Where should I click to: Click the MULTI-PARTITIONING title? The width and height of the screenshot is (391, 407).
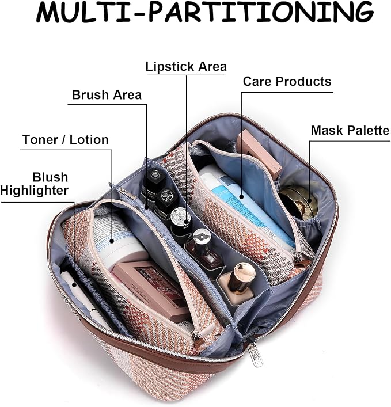(x=205, y=12)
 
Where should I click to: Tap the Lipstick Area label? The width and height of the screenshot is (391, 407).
(x=186, y=67)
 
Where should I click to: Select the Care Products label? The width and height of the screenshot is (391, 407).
(x=287, y=82)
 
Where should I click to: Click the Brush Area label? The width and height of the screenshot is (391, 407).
(x=107, y=95)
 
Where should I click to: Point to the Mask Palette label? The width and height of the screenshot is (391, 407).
(x=350, y=130)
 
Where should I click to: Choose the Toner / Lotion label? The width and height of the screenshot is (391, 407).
(x=66, y=140)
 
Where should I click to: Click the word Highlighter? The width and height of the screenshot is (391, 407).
(x=35, y=191)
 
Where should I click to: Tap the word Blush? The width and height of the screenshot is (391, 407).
(x=50, y=177)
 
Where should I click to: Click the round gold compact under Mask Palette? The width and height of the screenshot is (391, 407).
(x=298, y=203)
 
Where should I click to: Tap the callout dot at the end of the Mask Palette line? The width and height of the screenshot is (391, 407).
(x=309, y=200)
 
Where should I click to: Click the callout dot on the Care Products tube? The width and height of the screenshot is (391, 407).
(x=242, y=196)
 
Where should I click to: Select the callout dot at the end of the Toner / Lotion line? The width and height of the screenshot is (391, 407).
(x=112, y=241)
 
